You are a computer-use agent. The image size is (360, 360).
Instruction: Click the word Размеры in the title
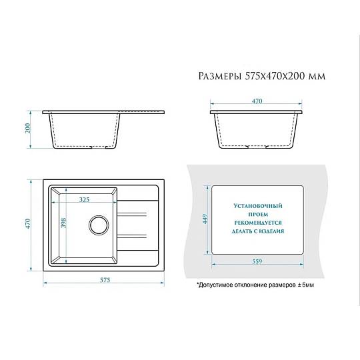220,76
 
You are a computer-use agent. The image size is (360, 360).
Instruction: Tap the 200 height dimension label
27,129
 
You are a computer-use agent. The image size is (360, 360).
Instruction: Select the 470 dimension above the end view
257,101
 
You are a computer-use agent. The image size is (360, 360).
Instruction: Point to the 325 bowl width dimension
84,199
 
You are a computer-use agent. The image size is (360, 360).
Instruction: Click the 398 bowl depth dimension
63,223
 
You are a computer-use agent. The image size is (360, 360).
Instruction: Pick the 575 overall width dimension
105,280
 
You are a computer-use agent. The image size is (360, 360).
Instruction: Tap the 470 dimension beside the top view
27,224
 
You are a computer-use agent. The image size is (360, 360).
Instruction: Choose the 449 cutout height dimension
205,219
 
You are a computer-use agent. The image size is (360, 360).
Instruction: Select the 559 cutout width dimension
257,261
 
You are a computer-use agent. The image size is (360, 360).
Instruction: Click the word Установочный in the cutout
258,206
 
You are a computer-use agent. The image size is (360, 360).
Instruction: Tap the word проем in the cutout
258,215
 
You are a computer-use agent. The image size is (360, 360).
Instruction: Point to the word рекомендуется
258,223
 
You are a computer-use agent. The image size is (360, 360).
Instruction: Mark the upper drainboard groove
132,215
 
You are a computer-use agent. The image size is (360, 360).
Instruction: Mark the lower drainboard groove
132,236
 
